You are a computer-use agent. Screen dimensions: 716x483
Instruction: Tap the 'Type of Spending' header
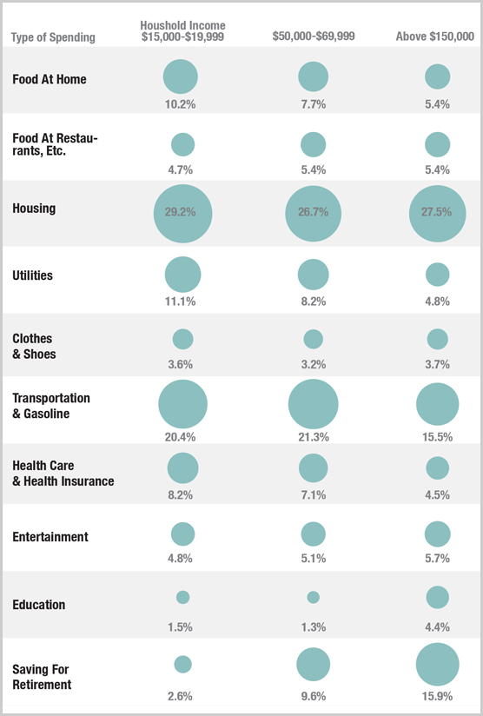click(x=54, y=37)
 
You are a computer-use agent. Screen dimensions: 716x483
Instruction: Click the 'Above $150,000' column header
click(x=435, y=37)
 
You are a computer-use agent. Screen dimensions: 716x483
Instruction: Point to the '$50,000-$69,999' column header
click(x=313, y=37)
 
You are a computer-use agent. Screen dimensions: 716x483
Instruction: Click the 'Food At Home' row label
click(x=50, y=79)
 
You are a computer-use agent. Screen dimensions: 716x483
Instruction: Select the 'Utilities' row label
click(x=33, y=275)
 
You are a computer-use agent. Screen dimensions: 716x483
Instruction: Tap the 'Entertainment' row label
click(x=50, y=537)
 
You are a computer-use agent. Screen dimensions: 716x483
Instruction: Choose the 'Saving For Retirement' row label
click(x=42, y=677)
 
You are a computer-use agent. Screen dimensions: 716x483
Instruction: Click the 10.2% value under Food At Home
click(x=181, y=104)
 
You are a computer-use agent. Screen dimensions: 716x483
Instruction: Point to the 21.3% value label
click(x=313, y=437)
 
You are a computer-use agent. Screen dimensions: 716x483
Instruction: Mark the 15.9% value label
click(x=437, y=696)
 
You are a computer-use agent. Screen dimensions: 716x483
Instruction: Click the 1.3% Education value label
click(x=313, y=627)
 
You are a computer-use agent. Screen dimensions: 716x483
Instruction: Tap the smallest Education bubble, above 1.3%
click(x=313, y=597)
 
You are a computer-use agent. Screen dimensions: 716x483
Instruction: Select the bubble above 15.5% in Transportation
click(x=437, y=404)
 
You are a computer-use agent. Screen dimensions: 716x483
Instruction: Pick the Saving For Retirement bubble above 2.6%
click(x=182, y=664)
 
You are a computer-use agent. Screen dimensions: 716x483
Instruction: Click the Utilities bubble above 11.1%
click(x=182, y=275)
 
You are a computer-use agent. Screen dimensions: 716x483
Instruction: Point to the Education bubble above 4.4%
click(x=437, y=597)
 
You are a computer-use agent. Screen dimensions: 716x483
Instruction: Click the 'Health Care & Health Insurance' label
click(x=63, y=474)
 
